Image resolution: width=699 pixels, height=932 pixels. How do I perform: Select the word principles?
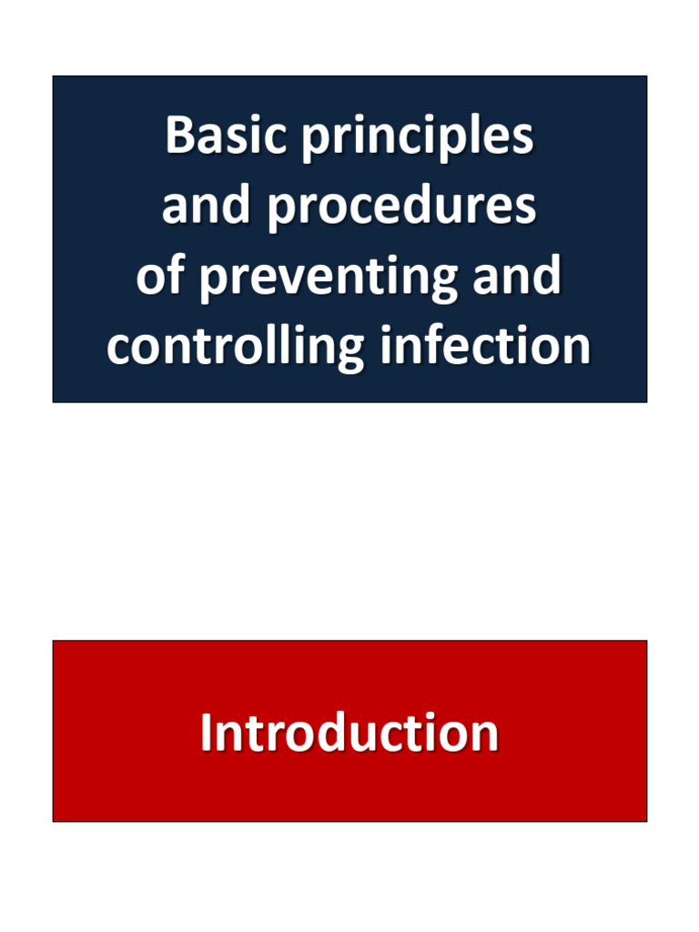(x=417, y=138)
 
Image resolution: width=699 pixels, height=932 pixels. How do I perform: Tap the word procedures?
(x=400, y=208)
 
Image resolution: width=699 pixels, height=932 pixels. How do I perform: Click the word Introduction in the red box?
(x=349, y=733)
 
